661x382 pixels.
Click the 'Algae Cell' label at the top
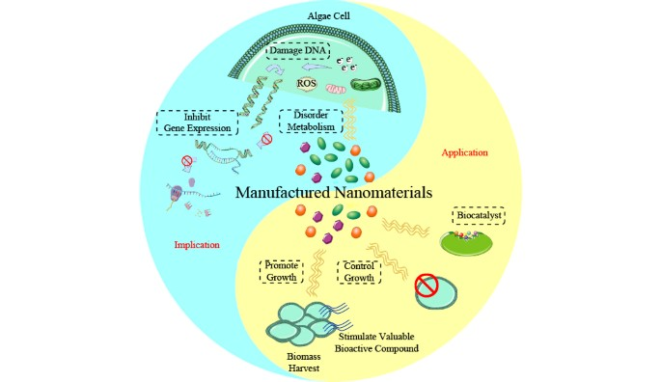click(x=330, y=16)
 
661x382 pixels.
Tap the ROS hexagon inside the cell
click(x=305, y=83)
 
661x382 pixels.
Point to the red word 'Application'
click(x=464, y=152)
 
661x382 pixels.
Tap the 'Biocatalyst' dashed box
click(x=478, y=215)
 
